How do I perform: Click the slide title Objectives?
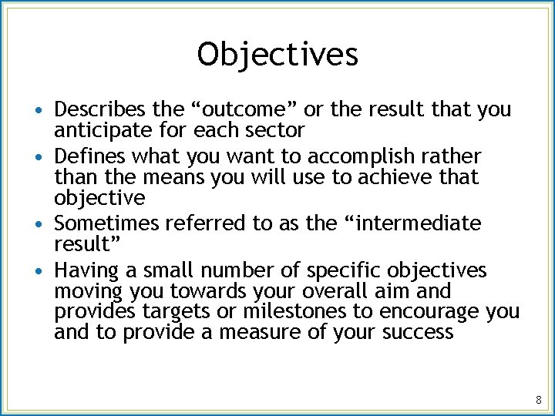pos(277,55)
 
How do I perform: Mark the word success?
pos(419,333)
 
